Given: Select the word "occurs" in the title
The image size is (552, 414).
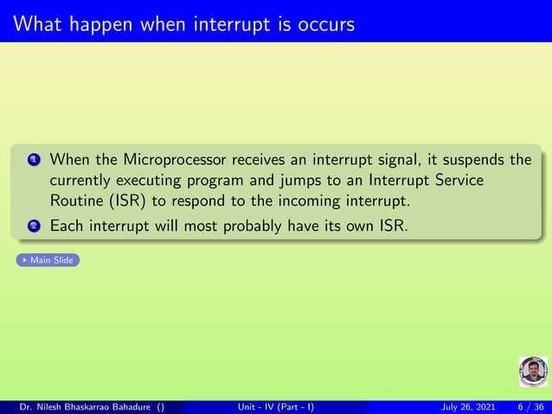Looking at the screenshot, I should click(325, 24).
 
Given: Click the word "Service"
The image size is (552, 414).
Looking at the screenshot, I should click(454, 181).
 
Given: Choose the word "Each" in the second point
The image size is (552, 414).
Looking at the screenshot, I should click(68, 226).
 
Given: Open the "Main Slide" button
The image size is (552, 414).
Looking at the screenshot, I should click(48, 259).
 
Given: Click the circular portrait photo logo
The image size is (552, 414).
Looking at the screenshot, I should click(532, 372).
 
